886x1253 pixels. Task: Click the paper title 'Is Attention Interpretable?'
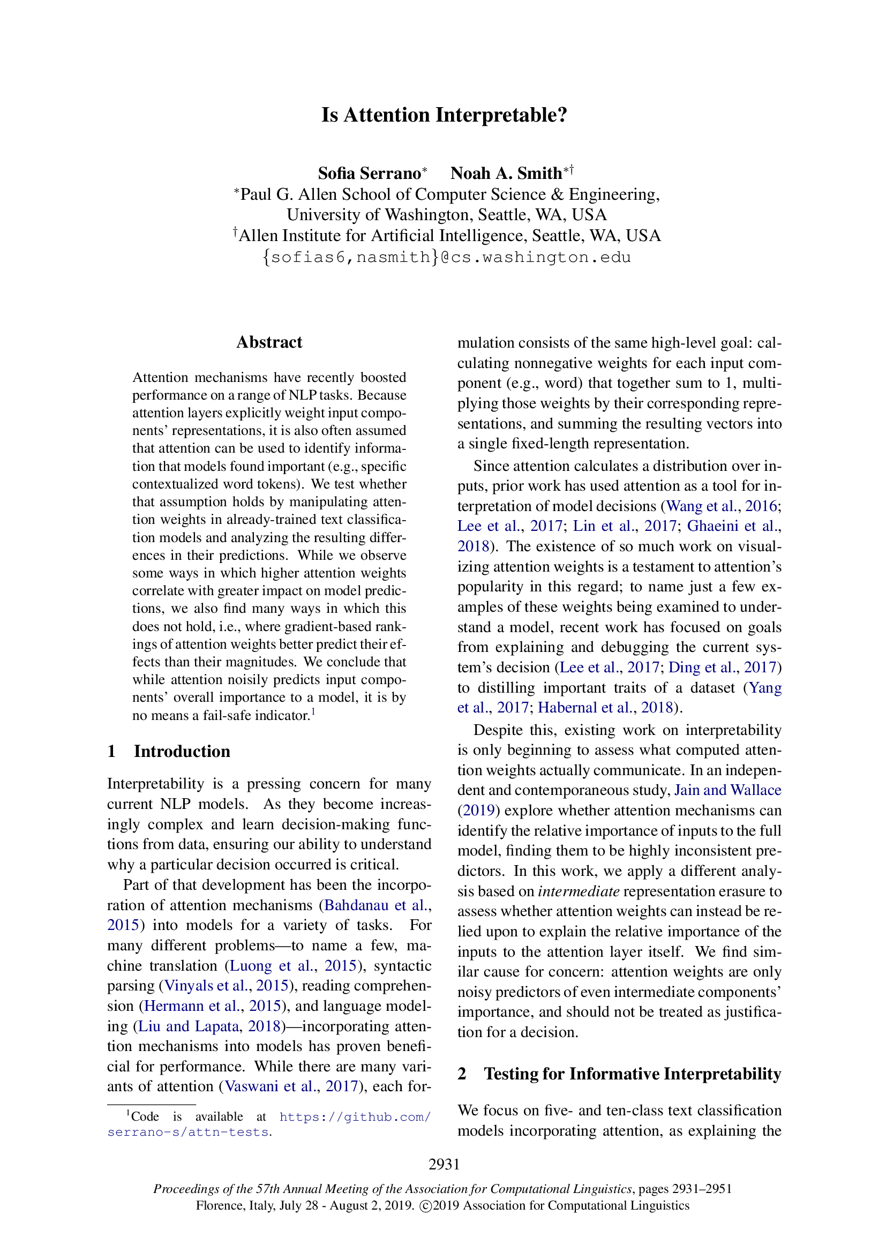[444, 115]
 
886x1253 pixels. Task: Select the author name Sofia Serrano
[370, 174]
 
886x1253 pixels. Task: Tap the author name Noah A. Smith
[506, 174]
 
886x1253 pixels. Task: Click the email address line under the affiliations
[446, 257]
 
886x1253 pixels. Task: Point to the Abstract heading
[269, 342]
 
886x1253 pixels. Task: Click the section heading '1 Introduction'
[169, 751]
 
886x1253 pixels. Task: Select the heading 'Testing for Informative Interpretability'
[632, 1074]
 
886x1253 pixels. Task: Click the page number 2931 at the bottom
[444, 1164]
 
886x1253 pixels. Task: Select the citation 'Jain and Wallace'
[727, 790]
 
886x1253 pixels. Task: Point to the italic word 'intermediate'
[579, 891]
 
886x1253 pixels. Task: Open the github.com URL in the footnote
[355, 1116]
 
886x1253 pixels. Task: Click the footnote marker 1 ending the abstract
[313, 711]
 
